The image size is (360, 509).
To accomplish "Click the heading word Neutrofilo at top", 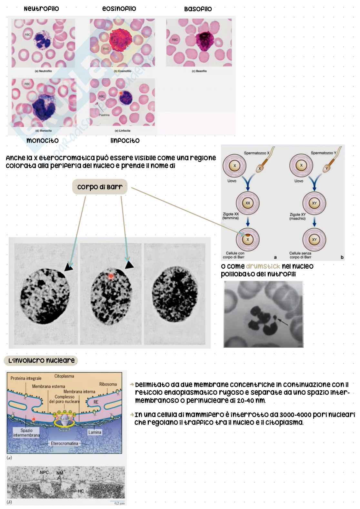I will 41,9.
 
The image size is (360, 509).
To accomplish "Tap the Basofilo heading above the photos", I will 198,9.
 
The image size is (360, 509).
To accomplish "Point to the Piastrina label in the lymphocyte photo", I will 104,115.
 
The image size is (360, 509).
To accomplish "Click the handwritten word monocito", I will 43,141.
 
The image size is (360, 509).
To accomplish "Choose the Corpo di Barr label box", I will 100,187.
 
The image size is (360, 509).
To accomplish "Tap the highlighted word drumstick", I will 263,266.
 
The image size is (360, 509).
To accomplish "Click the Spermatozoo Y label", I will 323,153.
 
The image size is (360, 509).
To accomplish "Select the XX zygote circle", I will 248,203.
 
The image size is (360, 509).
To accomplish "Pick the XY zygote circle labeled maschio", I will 314,203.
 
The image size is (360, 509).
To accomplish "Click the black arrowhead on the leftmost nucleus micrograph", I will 68,267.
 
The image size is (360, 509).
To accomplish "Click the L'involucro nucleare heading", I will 41,361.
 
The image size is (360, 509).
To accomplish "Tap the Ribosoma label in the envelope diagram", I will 108,384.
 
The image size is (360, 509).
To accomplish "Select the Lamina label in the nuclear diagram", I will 95,432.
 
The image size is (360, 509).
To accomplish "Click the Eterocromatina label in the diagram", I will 65,444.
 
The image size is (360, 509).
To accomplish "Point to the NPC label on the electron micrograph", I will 44,473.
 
